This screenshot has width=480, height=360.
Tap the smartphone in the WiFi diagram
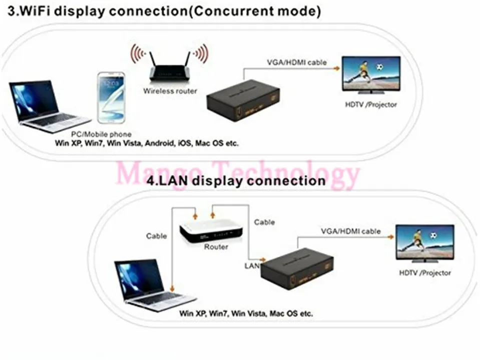111,98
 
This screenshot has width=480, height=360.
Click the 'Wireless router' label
170,91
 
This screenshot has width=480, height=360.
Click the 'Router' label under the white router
216,247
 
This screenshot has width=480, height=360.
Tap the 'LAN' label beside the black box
252,266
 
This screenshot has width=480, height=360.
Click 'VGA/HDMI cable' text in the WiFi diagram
297,62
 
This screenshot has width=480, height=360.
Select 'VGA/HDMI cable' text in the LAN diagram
350,231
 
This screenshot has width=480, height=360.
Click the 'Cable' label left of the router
156,236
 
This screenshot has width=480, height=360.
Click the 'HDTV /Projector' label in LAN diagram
424,273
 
